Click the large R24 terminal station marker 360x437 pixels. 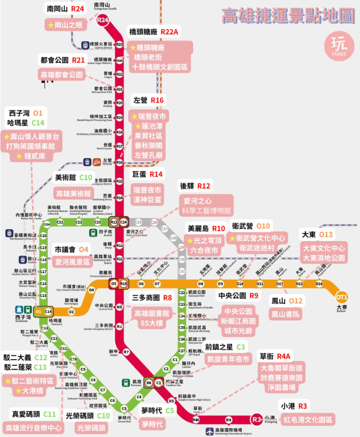[x=103, y=20]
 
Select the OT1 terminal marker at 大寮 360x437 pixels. [x=342, y=296]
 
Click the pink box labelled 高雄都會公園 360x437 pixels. [x=61, y=74]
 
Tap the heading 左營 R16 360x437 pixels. [x=149, y=100]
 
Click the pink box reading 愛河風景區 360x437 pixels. [x=72, y=262]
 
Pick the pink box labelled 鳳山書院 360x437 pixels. [x=286, y=314]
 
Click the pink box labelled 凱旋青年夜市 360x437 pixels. [x=228, y=360]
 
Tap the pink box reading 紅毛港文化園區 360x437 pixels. [x=307, y=419]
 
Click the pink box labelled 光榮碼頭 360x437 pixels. [x=91, y=427]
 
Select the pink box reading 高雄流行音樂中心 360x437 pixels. [x=33, y=427]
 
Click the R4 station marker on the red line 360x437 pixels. [x=229, y=420]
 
